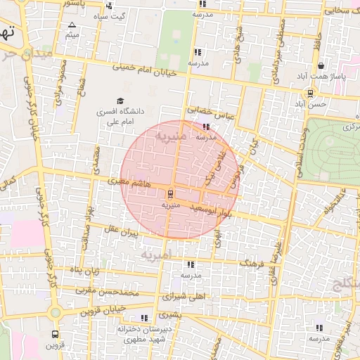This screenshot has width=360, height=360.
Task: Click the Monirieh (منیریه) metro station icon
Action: pos(171,194)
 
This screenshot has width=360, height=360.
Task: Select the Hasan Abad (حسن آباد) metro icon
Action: pos(311,93)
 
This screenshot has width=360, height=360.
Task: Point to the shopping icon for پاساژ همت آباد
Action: pos(321,66)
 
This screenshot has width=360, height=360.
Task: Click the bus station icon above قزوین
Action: pos(55,335)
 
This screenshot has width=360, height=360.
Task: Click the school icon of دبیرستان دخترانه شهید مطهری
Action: pos(145,318)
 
